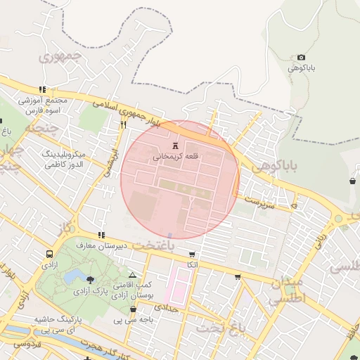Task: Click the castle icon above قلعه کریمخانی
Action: pos(175,146)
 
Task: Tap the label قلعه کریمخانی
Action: pos(176,157)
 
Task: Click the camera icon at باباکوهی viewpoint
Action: pos(302,58)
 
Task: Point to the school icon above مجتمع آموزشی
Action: pos(43,90)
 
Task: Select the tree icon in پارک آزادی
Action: pos(89,279)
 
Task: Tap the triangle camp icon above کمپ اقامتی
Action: pos(132,275)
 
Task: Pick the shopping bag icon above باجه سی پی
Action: pos(133,309)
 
